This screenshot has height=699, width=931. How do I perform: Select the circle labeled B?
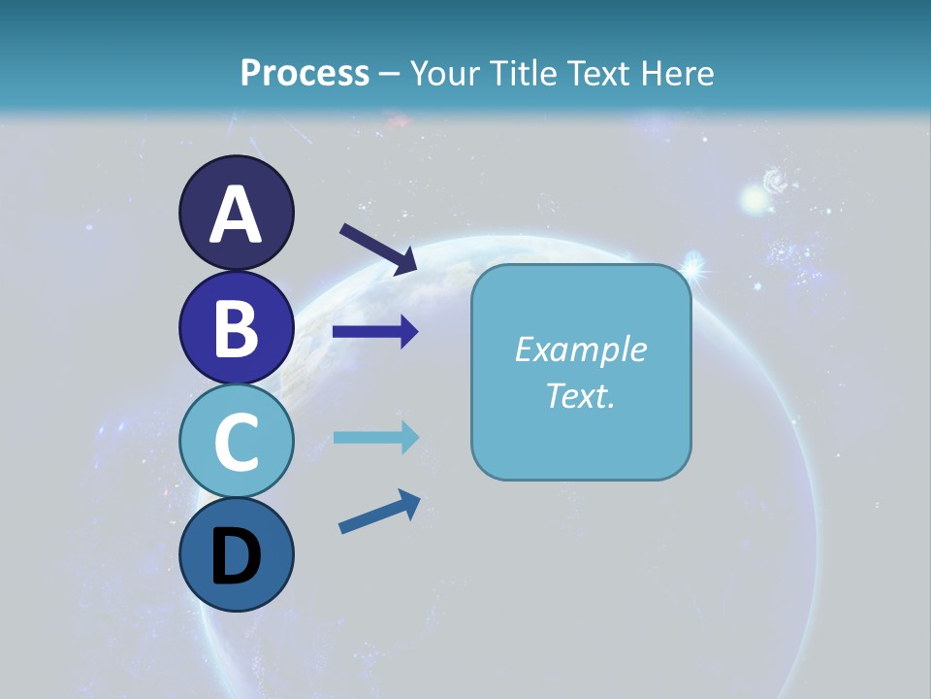tap(236, 328)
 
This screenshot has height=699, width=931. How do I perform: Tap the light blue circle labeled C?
tap(236, 441)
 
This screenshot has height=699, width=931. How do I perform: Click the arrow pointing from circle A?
tap(378, 249)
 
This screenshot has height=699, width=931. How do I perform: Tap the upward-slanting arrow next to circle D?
tap(379, 512)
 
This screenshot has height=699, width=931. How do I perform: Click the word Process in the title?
tap(305, 73)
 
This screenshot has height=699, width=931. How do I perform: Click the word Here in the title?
tap(678, 73)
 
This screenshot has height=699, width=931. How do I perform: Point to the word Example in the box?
tap(580, 349)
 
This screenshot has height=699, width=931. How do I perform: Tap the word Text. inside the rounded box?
tap(580, 395)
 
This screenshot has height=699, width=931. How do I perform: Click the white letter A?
tap(236, 215)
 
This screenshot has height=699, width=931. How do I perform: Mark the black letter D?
tap(236, 558)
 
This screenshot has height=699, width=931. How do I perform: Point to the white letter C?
tap(236, 442)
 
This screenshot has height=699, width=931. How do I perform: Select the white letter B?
tap(236, 328)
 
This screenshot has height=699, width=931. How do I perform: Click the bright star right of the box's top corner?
tap(694, 262)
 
